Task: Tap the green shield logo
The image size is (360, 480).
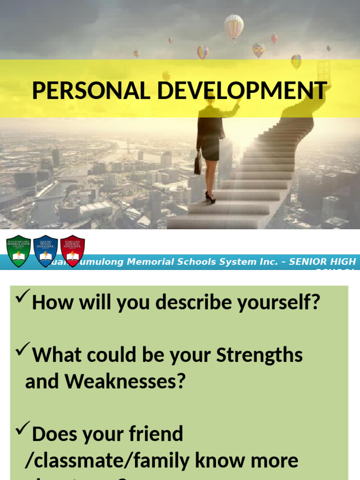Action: [18, 251]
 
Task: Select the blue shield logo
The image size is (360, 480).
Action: [45, 251]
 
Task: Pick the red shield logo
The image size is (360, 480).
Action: [73, 251]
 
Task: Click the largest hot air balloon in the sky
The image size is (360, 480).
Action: [234, 26]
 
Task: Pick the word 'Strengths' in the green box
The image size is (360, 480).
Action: [259, 355]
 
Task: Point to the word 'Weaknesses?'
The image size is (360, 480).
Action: [126, 381]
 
